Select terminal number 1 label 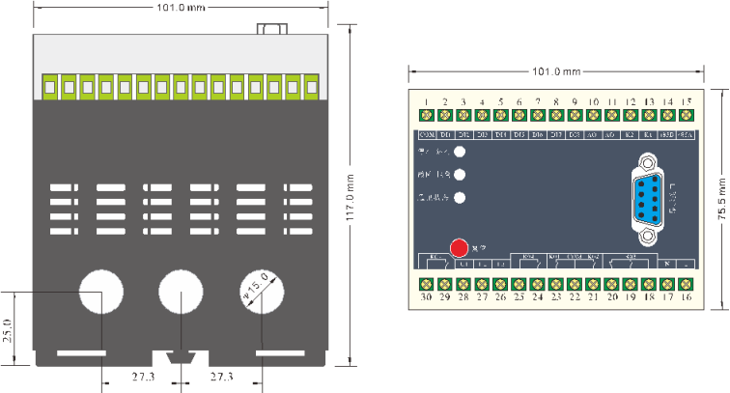pyautogui.click(x=426, y=101)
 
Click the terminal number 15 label pyautogui.click(x=686, y=101)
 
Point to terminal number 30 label pyautogui.click(x=426, y=298)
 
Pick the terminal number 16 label pyautogui.click(x=686, y=298)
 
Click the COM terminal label pyautogui.click(x=426, y=133)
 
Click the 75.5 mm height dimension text pyautogui.click(x=720, y=198)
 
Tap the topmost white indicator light pyautogui.click(x=461, y=152)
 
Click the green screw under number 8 pyautogui.click(x=556, y=116)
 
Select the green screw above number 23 pyautogui.click(x=556, y=284)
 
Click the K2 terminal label pyautogui.click(x=630, y=133)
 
